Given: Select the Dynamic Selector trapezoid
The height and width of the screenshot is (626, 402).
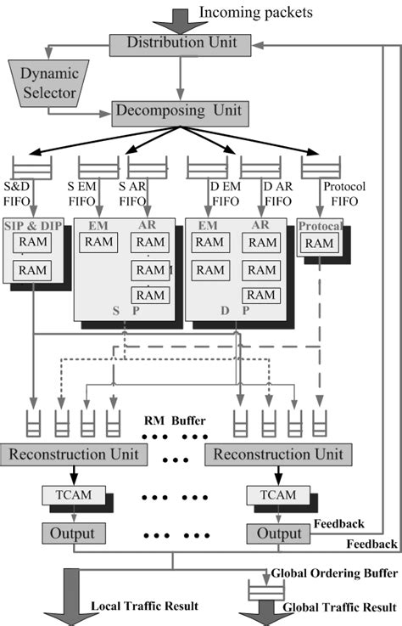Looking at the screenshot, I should [x=43, y=83].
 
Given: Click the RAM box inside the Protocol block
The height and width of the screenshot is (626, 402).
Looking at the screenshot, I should [x=320, y=244].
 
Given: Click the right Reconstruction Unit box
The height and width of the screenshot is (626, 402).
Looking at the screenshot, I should [x=278, y=454].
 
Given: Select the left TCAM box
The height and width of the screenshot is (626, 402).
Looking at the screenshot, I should [x=74, y=494].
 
